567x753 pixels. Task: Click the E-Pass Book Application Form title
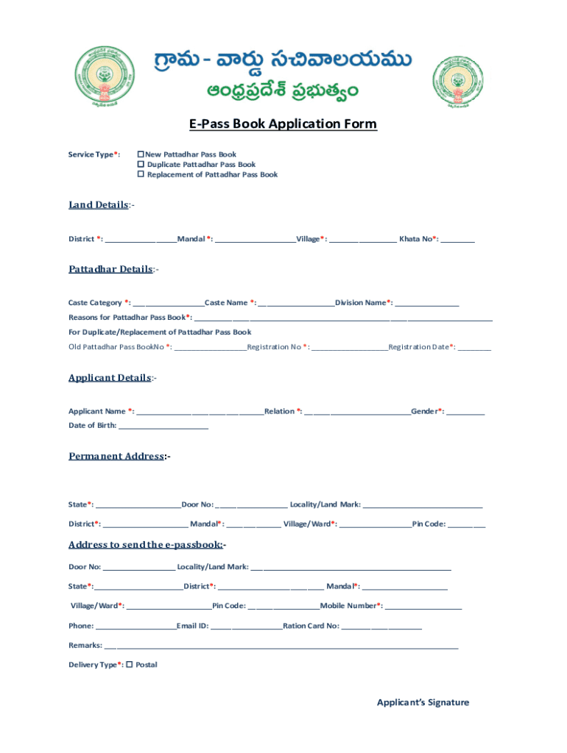[283, 124]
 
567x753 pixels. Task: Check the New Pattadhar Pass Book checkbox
[141, 154]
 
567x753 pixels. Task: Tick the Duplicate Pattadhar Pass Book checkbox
[141, 165]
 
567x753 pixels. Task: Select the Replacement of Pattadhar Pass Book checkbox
[141, 175]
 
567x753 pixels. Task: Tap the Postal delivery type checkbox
[130, 665]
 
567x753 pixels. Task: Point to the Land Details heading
[99, 205]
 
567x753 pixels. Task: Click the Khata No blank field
[458, 240]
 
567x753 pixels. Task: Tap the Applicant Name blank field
[200, 412]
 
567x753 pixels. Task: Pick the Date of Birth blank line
[163, 427]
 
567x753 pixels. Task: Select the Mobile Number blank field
[423, 607]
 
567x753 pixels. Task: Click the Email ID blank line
[246, 627]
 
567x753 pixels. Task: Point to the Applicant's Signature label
[423, 702]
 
